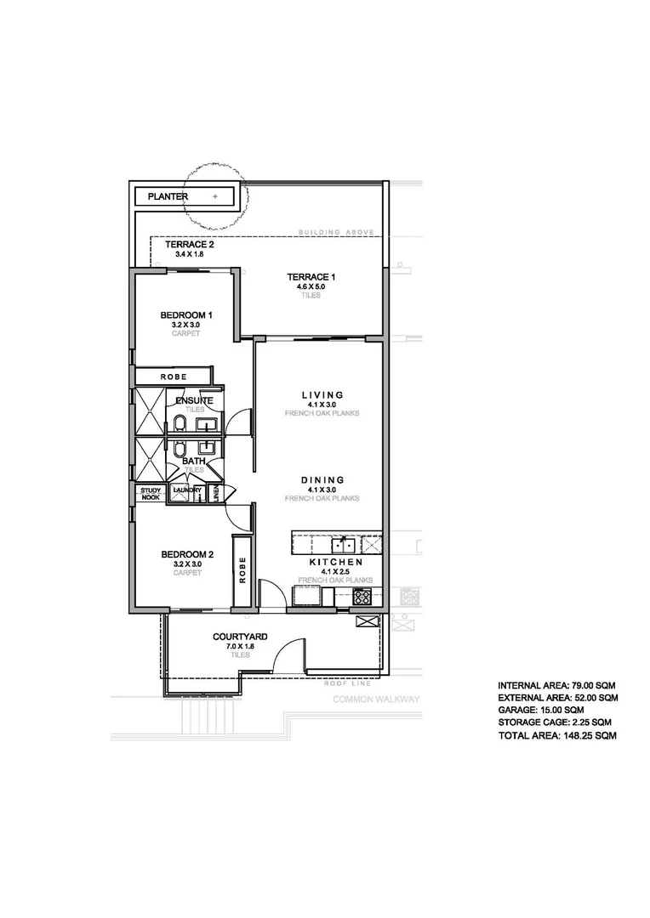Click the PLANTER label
click(x=168, y=196)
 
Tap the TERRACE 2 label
click(x=189, y=245)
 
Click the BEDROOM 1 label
click(x=185, y=315)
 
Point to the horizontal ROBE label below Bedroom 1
click(x=173, y=377)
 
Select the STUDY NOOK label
click(x=150, y=493)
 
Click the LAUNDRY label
click(x=186, y=490)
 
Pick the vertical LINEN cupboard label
click(x=216, y=494)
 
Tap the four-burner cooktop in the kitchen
click(x=362, y=597)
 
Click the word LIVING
click(x=322, y=394)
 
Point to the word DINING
click(x=322, y=479)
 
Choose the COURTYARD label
click(x=241, y=637)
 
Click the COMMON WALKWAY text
click(x=376, y=700)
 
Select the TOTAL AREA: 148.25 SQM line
click(x=556, y=735)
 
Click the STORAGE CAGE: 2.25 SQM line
click(x=555, y=722)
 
